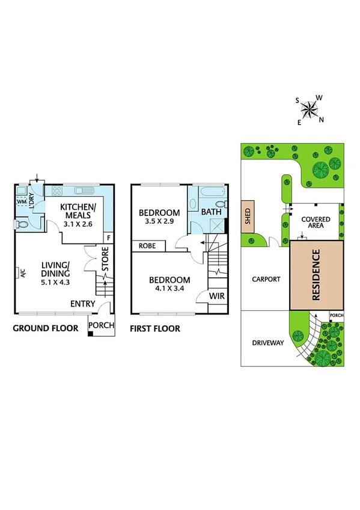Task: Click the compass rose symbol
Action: click(x=310, y=109)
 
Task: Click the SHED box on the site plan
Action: click(x=246, y=217)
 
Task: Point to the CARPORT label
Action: click(x=266, y=279)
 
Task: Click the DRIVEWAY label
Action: click(x=267, y=343)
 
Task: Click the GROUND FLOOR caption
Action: click(x=46, y=328)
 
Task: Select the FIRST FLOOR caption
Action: click(x=155, y=329)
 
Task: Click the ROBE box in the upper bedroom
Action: click(x=148, y=246)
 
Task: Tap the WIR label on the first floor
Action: click(x=217, y=296)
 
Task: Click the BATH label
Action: click(x=211, y=212)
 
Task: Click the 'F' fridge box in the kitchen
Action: click(x=108, y=238)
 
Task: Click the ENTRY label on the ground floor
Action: click(x=82, y=304)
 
